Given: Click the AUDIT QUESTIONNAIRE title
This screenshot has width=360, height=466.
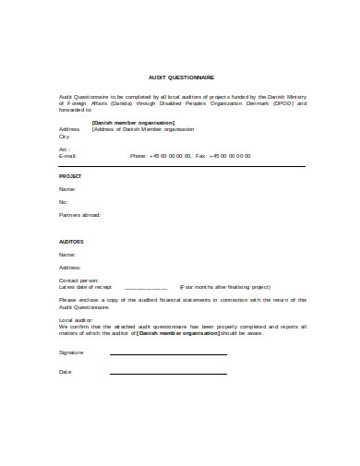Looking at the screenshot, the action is [x=180, y=78].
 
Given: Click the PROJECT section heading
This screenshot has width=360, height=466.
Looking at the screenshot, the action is [x=70, y=175].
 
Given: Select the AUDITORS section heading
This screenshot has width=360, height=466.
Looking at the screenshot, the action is [x=72, y=242].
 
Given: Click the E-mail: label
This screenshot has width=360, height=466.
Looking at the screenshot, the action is [x=67, y=156].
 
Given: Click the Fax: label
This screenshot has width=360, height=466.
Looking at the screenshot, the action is [x=200, y=156].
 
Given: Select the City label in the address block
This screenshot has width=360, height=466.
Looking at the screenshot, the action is [x=64, y=136].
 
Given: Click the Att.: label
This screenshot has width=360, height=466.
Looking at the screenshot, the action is [x=64, y=149].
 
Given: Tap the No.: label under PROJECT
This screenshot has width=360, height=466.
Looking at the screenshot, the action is [x=65, y=201].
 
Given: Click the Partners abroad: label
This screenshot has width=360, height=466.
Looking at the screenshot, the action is [x=79, y=214].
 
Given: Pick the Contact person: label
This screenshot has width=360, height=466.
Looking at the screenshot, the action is [x=78, y=280].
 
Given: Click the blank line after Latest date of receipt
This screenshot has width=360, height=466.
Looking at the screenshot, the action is [x=146, y=287].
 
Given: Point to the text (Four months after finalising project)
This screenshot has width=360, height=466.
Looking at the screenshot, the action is [x=224, y=287].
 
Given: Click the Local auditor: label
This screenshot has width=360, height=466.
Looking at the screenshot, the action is [x=77, y=319].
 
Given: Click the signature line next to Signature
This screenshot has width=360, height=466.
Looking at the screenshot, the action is [x=168, y=354].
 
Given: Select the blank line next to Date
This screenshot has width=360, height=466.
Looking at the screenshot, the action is [x=168, y=374].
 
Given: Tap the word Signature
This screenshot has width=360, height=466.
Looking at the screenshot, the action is [x=71, y=352].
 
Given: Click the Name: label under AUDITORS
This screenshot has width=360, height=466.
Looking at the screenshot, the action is [x=66, y=254].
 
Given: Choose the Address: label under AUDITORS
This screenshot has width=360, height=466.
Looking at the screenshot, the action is [x=70, y=267].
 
